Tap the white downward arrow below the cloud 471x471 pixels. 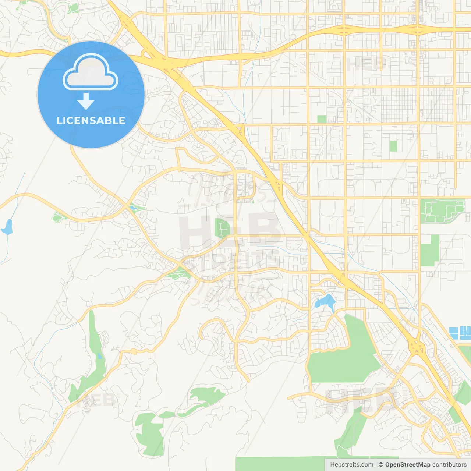[86, 102]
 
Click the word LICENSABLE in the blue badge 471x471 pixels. [91, 120]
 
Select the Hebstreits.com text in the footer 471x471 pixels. [352, 465]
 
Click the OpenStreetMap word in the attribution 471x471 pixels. [407, 465]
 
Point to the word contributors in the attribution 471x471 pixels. [449, 465]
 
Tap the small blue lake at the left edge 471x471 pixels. [7, 227]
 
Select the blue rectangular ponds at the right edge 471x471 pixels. [460, 333]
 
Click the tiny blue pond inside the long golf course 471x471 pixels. [99, 356]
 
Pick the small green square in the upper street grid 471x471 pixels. [322, 119]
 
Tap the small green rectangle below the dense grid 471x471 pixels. [393, 146]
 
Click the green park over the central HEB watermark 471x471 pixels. [222, 228]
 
